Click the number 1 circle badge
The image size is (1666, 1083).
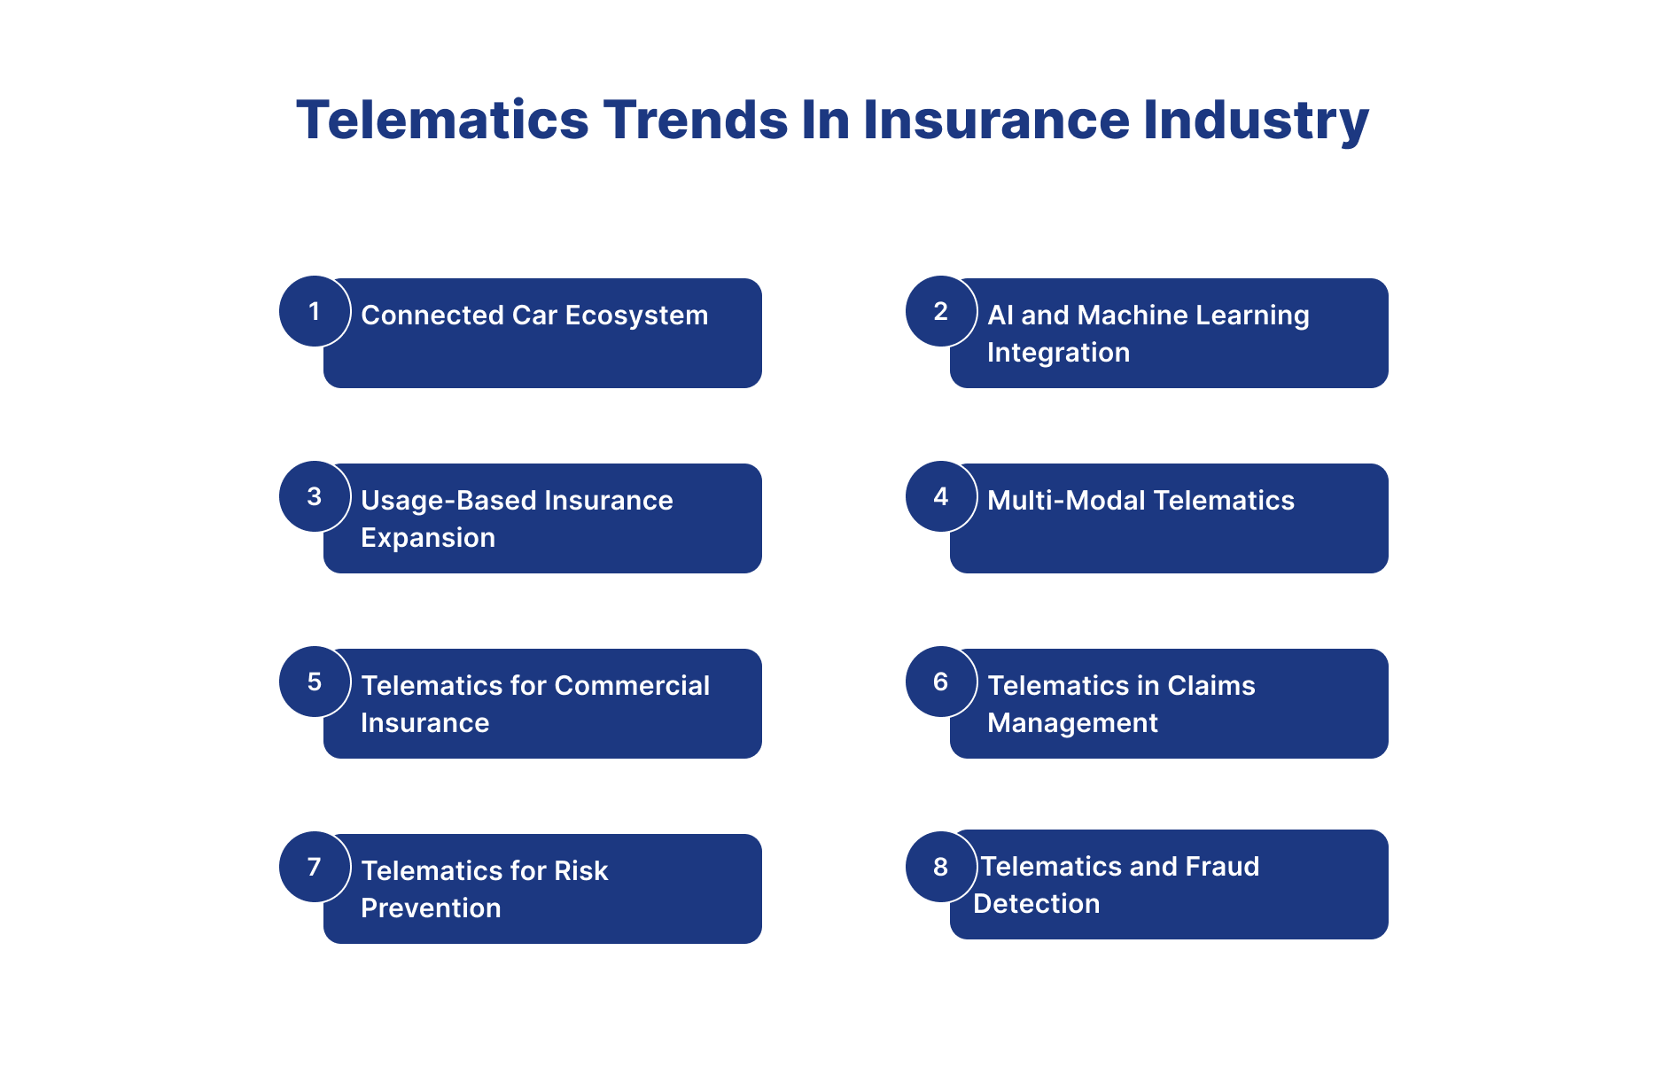315,311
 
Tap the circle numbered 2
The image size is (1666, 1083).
941,311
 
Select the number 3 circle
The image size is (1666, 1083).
315,496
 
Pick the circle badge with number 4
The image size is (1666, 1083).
941,496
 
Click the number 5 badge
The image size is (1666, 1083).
315,682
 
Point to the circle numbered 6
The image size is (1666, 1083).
941,682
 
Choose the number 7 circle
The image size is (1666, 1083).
315,867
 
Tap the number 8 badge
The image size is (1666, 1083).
941,867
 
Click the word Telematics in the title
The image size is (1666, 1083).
443,120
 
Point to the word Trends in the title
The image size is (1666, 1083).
696,120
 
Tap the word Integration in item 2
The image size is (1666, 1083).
1058,354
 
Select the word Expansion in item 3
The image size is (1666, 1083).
428,539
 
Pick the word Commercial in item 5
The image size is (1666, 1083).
632,686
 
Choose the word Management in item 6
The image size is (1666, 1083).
1072,724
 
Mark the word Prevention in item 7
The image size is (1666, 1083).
431,908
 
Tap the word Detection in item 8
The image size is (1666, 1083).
1037,904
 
